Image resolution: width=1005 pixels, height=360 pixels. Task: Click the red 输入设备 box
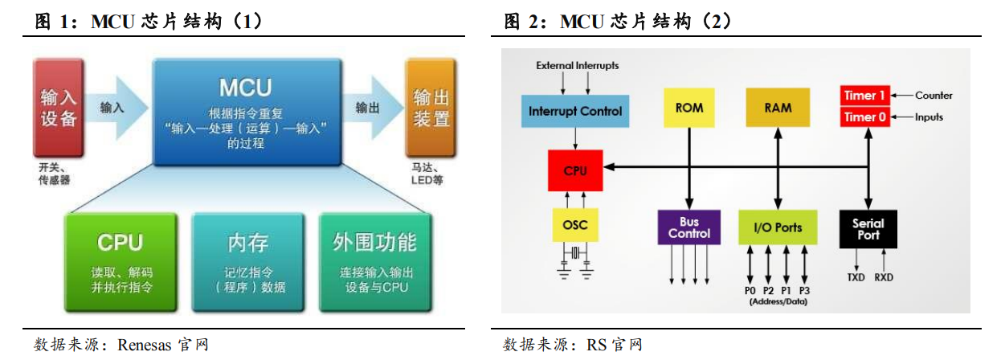[58, 108]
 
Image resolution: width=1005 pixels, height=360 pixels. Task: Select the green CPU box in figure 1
[121, 261]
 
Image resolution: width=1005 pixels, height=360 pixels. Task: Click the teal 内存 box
[247, 261]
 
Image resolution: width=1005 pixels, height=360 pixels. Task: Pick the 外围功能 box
[374, 261]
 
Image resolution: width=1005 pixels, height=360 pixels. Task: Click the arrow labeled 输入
[116, 108]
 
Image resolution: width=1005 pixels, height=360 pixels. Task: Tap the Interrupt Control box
[575, 111]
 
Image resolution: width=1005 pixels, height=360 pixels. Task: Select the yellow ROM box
[688, 108]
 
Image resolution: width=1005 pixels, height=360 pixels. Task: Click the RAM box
[778, 108]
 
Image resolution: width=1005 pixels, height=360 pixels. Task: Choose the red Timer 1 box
[864, 96]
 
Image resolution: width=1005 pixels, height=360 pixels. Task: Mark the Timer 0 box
[864, 117]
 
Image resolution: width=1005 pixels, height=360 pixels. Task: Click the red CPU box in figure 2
[575, 170]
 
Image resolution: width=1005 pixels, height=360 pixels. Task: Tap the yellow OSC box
[575, 225]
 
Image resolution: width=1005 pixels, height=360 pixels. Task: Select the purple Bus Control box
[688, 227]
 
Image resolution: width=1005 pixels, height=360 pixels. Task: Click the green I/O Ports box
[778, 227]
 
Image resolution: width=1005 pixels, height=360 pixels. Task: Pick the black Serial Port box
[868, 229]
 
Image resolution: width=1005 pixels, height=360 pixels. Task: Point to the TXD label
[856, 277]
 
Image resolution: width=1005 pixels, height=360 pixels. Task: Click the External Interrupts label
[578, 65]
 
